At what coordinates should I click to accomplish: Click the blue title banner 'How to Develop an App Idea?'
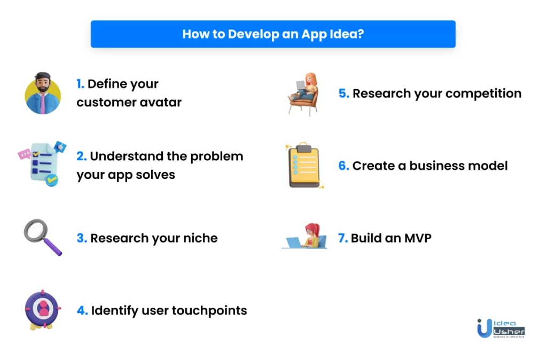(x=273, y=34)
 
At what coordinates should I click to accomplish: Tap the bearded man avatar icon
(x=43, y=93)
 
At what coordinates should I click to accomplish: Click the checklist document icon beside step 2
(x=42, y=163)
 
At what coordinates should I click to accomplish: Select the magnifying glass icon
(x=43, y=237)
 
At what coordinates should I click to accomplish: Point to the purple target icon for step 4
(x=43, y=309)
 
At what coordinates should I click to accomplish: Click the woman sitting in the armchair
(x=303, y=93)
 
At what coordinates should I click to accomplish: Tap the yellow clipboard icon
(x=304, y=165)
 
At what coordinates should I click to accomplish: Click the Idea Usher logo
(x=501, y=328)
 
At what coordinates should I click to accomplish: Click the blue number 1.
(x=80, y=84)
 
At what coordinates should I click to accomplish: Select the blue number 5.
(x=343, y=93)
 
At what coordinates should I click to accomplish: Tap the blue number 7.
(x=343, y=238)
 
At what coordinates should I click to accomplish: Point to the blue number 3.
(x=82, y=238)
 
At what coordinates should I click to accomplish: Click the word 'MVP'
(x=418, y=238)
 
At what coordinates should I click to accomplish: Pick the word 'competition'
(x=483, y=94)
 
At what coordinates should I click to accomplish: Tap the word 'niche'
(x=200, y=238)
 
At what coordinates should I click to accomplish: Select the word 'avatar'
(x=160, y=103)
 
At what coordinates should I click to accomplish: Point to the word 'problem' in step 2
(x=217, y=156)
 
